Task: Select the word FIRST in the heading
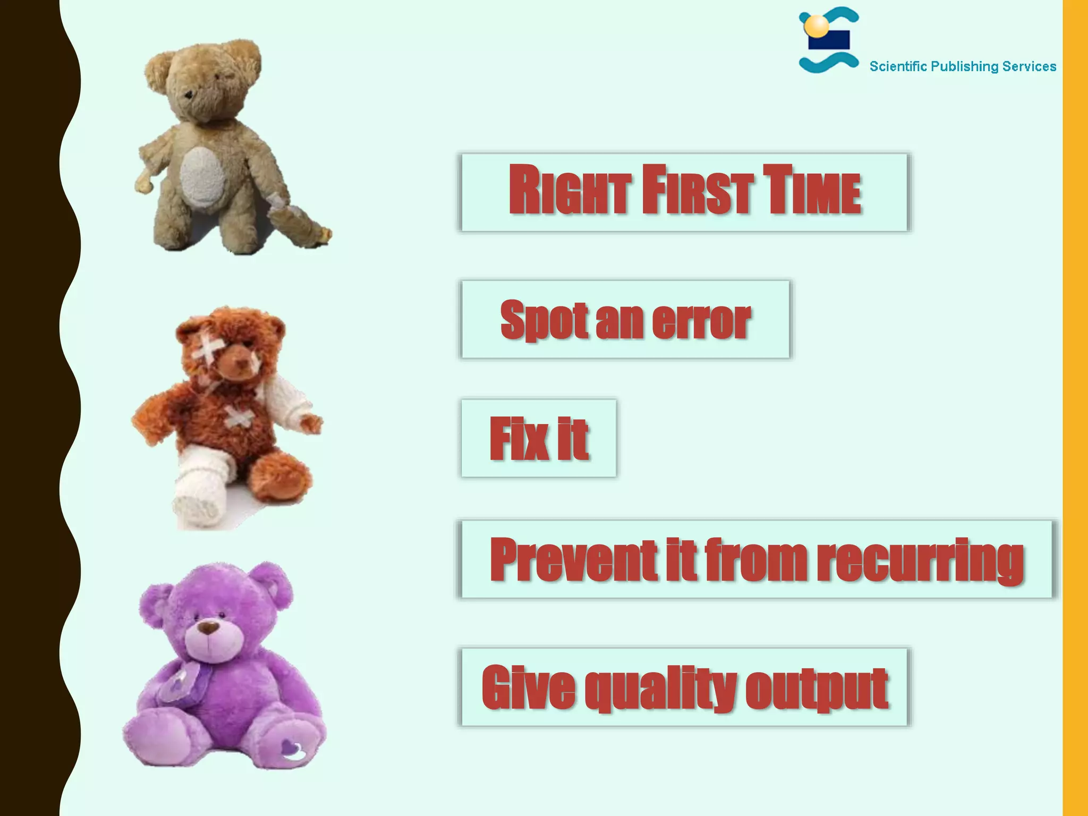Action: (x=698, y=190)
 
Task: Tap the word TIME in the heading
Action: (x=812, y=190)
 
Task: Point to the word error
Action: (x=701, y=320)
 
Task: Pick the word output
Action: (x=817, y=688)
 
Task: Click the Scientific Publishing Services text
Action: (x=963, y=66)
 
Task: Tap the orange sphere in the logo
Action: (x=816, y=25)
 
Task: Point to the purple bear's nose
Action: (x=208, y=627)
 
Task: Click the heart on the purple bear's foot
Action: (x=292, y=749)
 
